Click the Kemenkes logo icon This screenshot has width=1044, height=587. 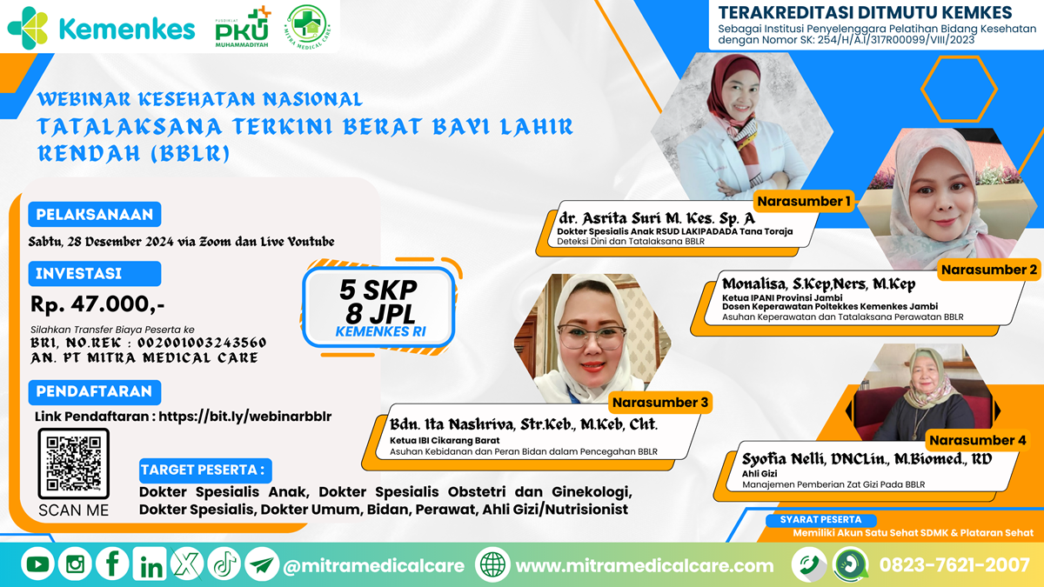(28, 28)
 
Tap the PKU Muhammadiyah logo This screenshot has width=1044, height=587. (243, 27)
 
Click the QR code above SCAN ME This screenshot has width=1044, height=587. (74, 464)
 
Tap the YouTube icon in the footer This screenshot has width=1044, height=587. (37, 564)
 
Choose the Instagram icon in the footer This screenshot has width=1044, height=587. (75, 564)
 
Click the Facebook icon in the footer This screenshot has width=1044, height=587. (112, 564)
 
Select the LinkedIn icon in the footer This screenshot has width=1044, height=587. (150, 564)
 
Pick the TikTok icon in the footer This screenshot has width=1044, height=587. (224, 564)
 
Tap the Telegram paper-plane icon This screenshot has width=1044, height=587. (262, 564)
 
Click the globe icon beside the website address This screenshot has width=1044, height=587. (492, 565)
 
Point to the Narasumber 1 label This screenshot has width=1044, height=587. (804, 201)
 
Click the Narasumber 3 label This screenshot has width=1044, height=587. (660, 403)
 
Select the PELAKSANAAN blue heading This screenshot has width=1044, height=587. (95, 214)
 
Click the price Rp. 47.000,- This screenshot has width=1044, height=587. (97, 304)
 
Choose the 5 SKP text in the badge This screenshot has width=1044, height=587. (378, 290)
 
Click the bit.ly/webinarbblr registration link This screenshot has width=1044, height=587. (245, 417)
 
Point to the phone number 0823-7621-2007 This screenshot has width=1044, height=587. (954, 565)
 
